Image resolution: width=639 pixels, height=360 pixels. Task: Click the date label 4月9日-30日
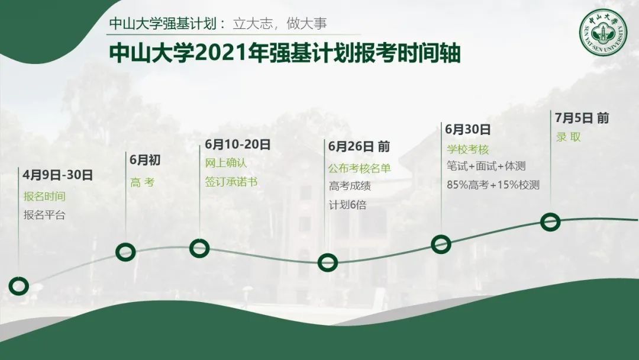point(57,175)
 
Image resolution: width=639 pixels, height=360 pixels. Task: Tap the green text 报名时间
point(44,196)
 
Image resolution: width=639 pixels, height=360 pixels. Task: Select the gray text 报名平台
point(44,215)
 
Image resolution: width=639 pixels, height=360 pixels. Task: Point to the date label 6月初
point(145,160)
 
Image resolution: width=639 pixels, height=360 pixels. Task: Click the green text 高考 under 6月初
point(143,182)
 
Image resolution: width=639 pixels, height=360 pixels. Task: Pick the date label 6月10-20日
point(238,144)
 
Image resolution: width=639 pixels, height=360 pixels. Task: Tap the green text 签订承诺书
point(231,181)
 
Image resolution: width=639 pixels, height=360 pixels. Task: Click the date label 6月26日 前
point(359,146)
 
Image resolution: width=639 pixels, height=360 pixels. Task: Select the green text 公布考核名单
point(360,168)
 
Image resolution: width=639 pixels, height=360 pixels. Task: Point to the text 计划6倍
point(348,205)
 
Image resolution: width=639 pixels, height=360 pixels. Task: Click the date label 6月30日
point(468,129)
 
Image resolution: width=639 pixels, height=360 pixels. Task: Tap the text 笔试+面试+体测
point(486,166)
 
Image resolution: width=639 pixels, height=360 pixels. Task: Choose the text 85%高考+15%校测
point(493,185)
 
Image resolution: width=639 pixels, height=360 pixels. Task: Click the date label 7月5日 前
point(582,118)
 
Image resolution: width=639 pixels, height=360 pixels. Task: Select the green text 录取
point(569,137)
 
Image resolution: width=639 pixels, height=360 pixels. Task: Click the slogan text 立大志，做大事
point(280,23)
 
